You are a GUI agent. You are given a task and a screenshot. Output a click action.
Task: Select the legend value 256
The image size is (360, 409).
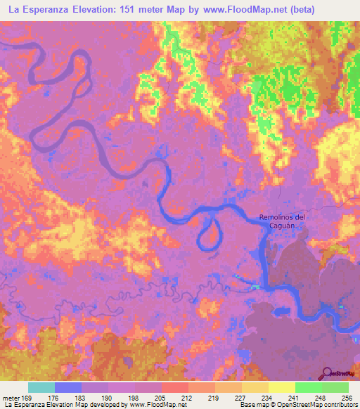347,398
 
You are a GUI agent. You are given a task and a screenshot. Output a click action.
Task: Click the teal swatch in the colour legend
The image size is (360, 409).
41,387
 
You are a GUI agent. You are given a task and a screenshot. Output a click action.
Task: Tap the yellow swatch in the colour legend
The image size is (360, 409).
282,387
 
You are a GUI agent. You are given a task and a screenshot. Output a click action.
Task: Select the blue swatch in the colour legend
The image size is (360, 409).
68,387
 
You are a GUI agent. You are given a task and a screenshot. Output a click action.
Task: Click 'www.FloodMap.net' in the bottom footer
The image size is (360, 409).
158,405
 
